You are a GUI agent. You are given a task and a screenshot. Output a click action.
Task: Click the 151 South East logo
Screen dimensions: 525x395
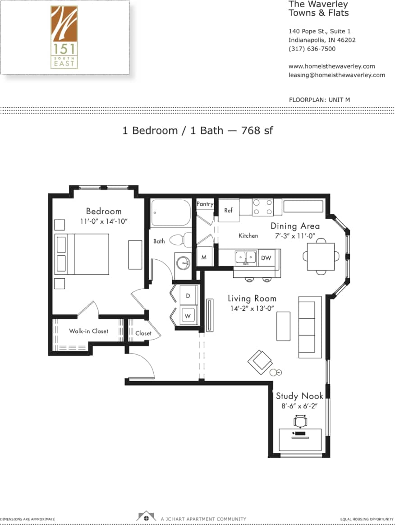[64, 37]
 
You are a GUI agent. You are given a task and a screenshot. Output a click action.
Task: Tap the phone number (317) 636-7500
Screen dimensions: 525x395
[312, 49]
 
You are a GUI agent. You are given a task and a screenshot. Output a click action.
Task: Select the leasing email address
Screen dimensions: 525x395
[337, 75]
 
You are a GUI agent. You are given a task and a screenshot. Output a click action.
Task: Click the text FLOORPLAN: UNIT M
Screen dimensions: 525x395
[319, 100]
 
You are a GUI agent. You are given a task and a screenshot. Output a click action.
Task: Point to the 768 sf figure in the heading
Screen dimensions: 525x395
[257, 131]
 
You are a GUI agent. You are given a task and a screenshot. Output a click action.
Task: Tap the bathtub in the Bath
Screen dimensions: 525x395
[171, 213]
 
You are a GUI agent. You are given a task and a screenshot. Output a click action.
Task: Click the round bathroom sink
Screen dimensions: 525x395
[183, 262]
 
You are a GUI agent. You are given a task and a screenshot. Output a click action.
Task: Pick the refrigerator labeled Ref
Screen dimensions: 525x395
[229, 211]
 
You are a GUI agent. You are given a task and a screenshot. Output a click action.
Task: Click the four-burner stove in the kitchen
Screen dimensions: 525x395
[262, 207]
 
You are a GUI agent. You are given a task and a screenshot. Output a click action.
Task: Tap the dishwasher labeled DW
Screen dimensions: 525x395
[266, 258]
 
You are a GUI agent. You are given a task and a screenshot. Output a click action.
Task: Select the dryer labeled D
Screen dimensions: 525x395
[188, 295]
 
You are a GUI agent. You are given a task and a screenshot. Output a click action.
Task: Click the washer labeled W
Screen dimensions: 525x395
[188, 314]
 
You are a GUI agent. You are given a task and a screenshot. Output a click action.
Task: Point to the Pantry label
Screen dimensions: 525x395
[205, 204]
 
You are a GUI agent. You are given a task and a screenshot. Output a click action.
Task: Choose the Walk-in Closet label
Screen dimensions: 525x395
[88, 331]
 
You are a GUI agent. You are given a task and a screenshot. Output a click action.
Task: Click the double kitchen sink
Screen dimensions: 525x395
[246, 258]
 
